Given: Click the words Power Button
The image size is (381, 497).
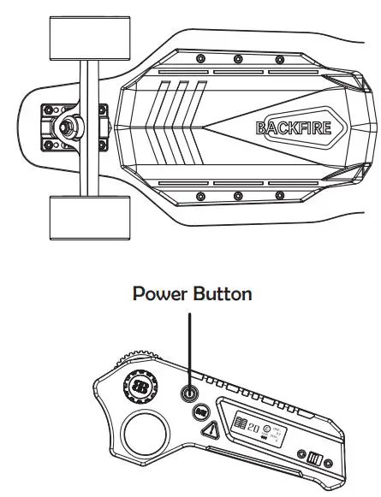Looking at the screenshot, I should [191, 293].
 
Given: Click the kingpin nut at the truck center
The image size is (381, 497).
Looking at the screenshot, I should [64, 127].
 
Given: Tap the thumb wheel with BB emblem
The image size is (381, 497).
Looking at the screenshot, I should [140, 388].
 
